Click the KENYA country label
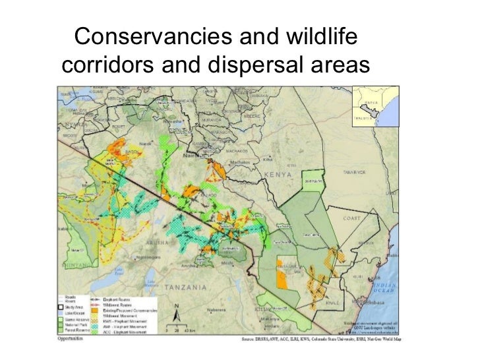pos(278,174)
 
